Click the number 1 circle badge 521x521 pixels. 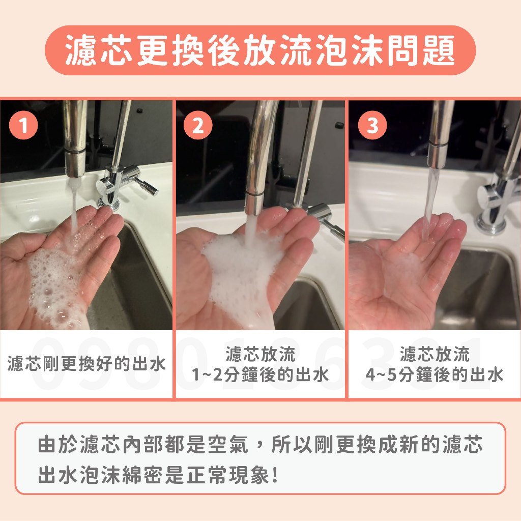(23, 125)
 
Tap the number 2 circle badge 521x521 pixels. (198, 125)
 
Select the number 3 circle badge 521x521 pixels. (372, 125)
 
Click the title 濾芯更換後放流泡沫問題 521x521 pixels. (260, 50)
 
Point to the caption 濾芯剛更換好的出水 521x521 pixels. (86, 363)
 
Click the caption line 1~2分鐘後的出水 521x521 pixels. (260, 375)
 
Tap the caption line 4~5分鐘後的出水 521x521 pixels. (435, 375)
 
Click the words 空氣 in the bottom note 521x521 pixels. (228, 445)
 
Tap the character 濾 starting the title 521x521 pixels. (81, 50)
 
